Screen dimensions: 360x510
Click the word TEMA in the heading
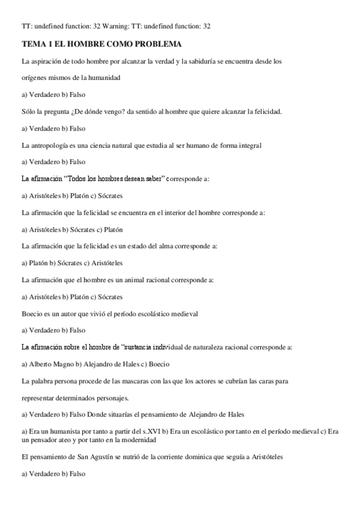(34, 45)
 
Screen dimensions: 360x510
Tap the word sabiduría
(205, 61)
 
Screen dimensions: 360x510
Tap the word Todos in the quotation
(73, 179)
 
